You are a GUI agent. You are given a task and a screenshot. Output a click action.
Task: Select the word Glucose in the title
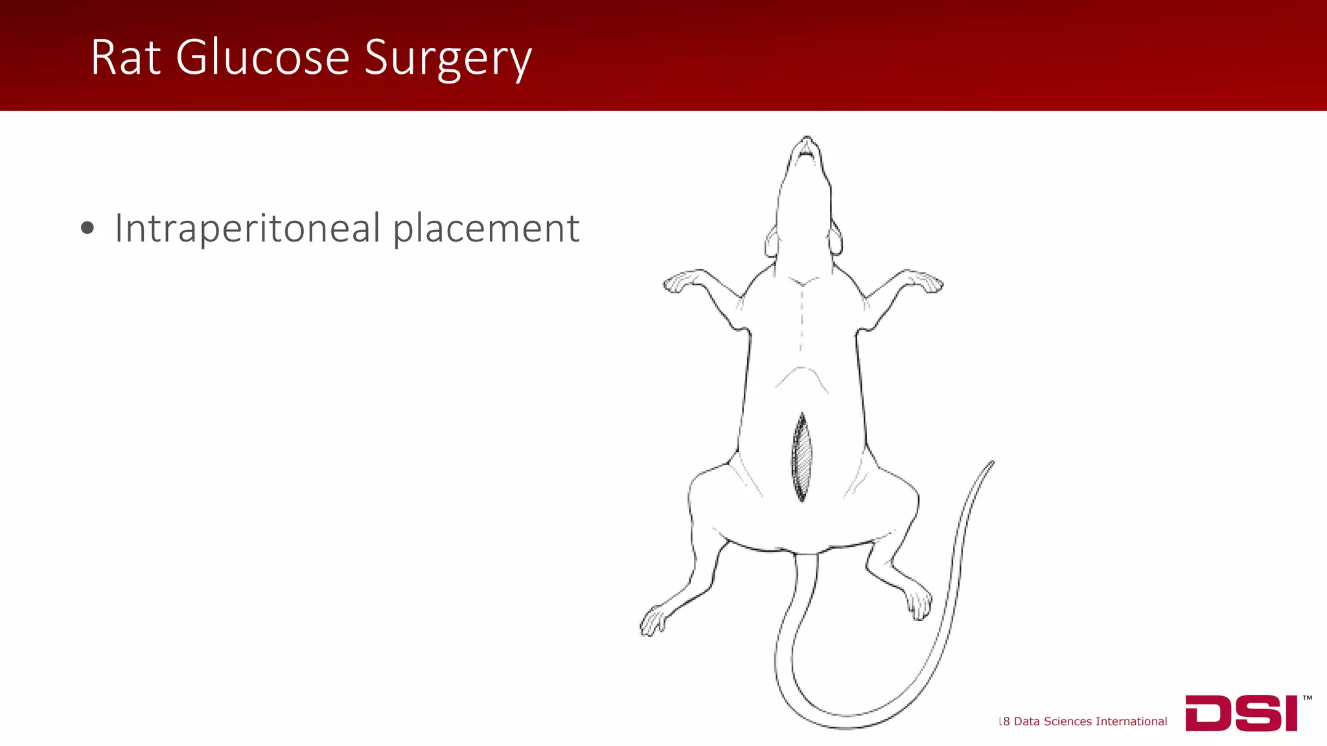point(262,58)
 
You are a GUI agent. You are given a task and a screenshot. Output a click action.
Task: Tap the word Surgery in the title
point(448,60)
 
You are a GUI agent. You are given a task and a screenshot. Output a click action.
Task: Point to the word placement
point(486,229)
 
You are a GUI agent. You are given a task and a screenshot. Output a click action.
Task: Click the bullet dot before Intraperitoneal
point(87,228)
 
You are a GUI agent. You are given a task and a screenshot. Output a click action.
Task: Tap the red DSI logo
point(1241,713)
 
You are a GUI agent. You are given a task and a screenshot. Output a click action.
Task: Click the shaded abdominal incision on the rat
point(802,457)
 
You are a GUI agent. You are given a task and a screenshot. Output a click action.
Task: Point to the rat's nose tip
point(807,139)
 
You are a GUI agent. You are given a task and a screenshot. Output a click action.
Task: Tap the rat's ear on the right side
point(836,241)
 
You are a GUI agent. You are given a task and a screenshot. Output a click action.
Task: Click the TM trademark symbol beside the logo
point(1307,698)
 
